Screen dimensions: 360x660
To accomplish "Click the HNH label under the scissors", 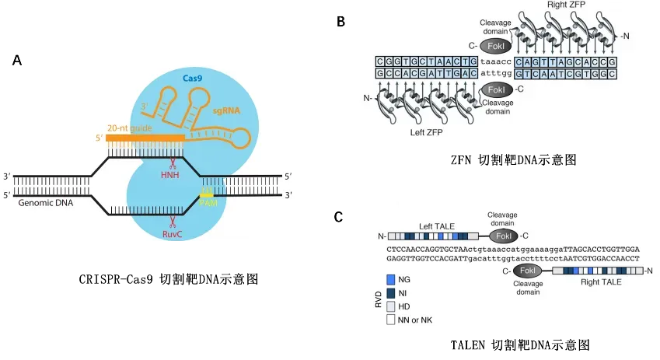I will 169,176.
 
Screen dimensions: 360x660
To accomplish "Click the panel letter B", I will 340,23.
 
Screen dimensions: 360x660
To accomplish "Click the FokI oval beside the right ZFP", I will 494,46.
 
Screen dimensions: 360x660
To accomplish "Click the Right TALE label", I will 601,282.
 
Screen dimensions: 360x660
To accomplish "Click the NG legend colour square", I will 390,278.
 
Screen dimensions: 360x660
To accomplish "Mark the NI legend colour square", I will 390,292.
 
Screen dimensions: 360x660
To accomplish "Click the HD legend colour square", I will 390,306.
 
